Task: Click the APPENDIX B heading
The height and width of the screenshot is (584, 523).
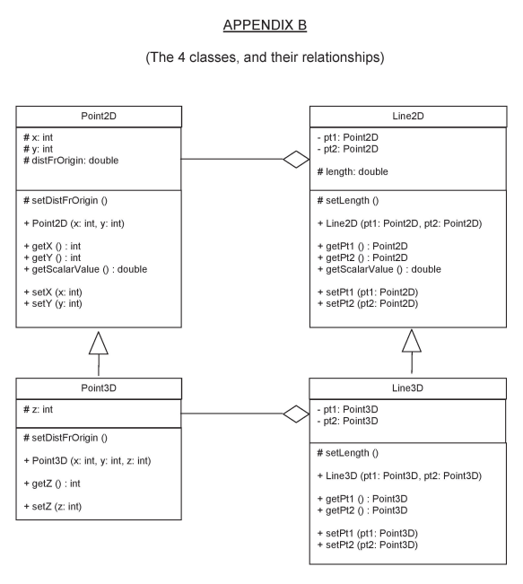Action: tap(261, 23)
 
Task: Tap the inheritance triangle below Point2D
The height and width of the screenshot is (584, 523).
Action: tap(99, 339)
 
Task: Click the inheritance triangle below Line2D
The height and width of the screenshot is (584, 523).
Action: tap(411, 340)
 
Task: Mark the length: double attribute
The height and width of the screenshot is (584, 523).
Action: tap(357, 171)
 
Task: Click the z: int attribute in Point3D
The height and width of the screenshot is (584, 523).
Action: tap(39, 407)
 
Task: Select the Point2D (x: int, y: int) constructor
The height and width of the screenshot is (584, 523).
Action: tap(78, 222)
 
